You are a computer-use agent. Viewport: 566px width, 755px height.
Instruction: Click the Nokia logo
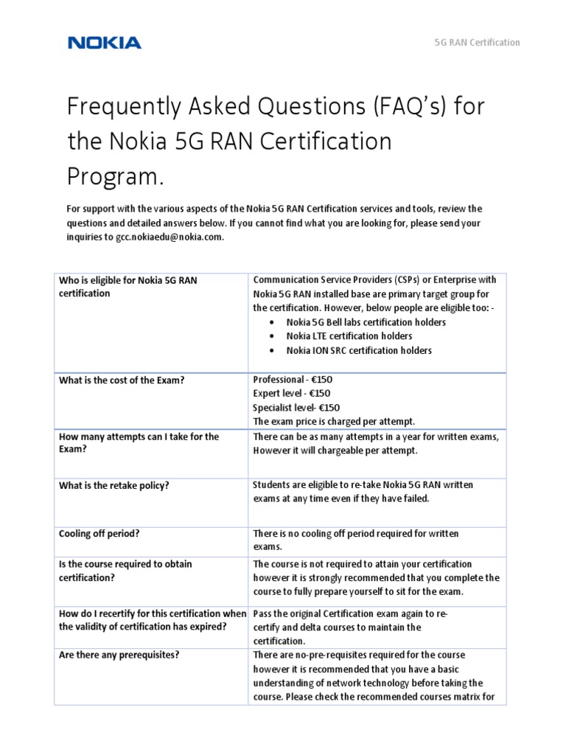(104, 43)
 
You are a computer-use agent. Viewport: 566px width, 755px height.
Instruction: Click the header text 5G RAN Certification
(476, 43)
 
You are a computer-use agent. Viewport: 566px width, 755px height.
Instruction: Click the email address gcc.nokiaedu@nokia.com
(169, 237)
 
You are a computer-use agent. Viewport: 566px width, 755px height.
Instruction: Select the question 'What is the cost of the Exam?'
(121, 380)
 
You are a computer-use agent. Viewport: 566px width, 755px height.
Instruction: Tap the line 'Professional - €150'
(293, 380)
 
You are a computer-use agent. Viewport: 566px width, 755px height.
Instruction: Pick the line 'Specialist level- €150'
(296, 408)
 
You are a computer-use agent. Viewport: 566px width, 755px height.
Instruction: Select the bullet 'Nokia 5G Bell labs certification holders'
(366, 322)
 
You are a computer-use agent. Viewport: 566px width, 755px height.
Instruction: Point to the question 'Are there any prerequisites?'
(119, 655)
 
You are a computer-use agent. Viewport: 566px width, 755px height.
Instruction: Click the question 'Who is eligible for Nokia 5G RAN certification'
(127, 286)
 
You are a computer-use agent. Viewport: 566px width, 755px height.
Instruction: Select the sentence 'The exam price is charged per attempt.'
(334, 422)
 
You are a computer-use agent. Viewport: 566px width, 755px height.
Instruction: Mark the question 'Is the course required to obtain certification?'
(125, 571)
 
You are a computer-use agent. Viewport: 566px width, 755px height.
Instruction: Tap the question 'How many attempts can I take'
(139, 436)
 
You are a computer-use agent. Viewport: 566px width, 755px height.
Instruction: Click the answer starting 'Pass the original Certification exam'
(350, 613)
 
